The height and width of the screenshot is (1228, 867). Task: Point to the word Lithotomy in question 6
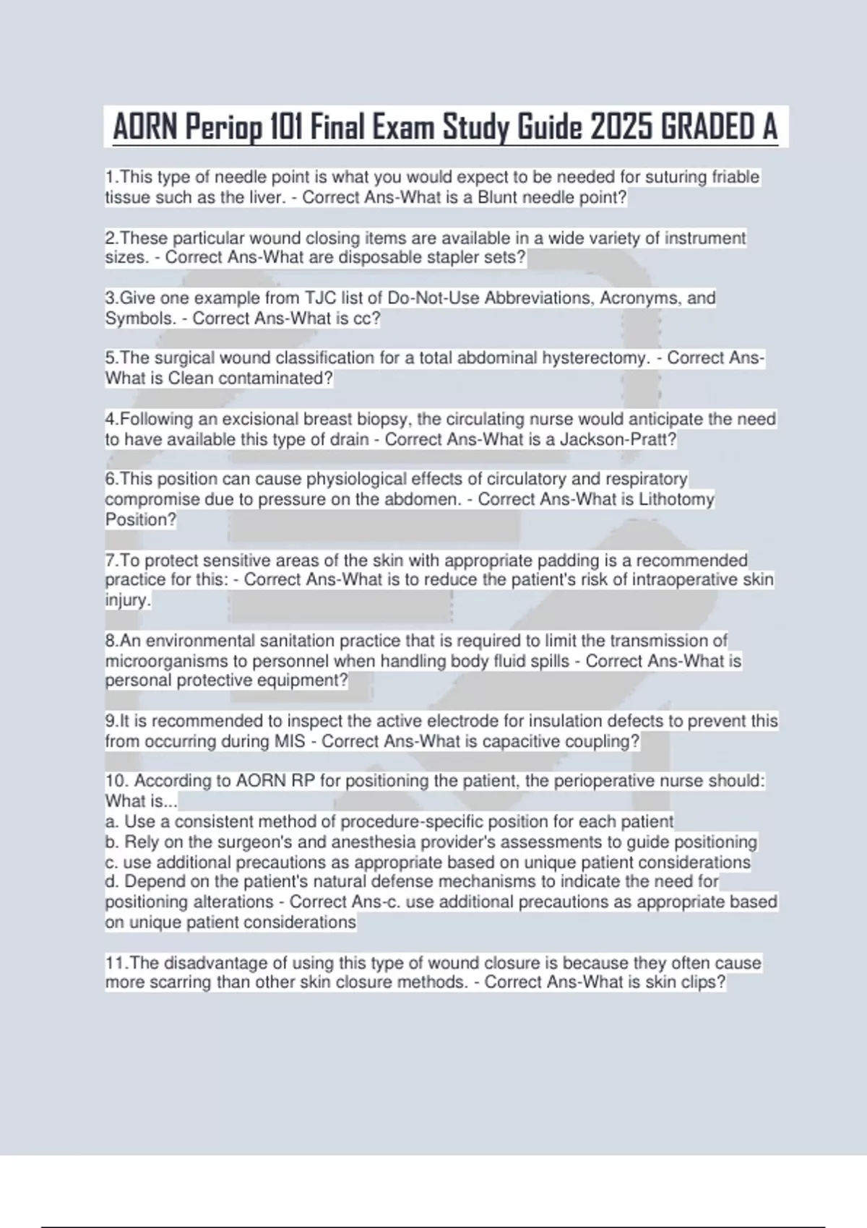[676, 499]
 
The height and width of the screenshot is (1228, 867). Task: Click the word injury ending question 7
[127, 600]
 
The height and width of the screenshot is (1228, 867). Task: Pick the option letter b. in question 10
[112, 842]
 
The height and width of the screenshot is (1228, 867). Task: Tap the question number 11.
[117, 963]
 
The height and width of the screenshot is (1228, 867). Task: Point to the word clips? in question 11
[702, 982]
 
